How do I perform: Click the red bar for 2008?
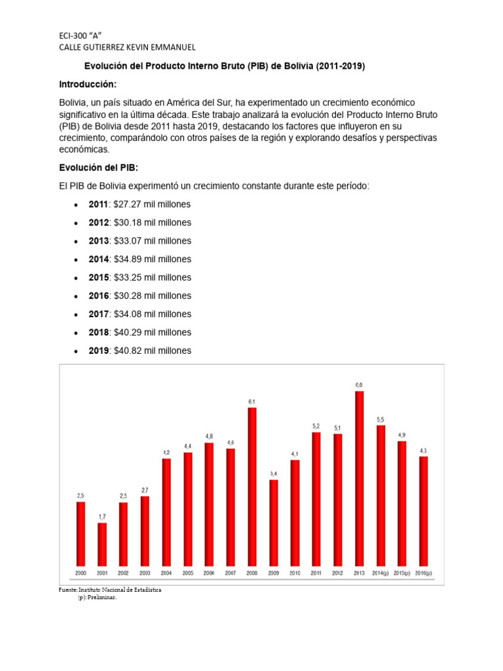click(x=252, y=487)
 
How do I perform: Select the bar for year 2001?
click(x=102, y=545)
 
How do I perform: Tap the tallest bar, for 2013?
click(x=360, y=478)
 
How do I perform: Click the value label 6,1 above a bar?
click(x=252, y=401)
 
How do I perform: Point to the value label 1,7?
click(x=102, y=516)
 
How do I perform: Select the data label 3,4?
click(x=274, y=473)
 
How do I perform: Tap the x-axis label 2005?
click(x=187, y=572)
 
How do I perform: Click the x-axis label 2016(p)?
click(x=424, y=572)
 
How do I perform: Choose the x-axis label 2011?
click(x=316, y=572)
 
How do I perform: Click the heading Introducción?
click(x=88, y=85)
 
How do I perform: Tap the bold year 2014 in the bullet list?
click(x=98, y=259)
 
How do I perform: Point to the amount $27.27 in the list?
click(x=128, y=204)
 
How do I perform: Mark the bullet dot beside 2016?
click(x=76, y=296)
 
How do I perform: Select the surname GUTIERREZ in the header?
click(x=107, y=47)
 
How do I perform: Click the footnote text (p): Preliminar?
click(x=97, y=598)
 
